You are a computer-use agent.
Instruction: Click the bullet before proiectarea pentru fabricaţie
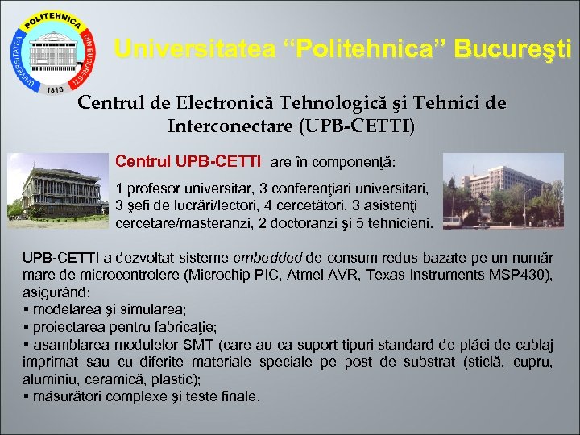[x=27, y=327]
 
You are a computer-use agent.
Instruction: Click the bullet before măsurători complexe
[x=27, y=397]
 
